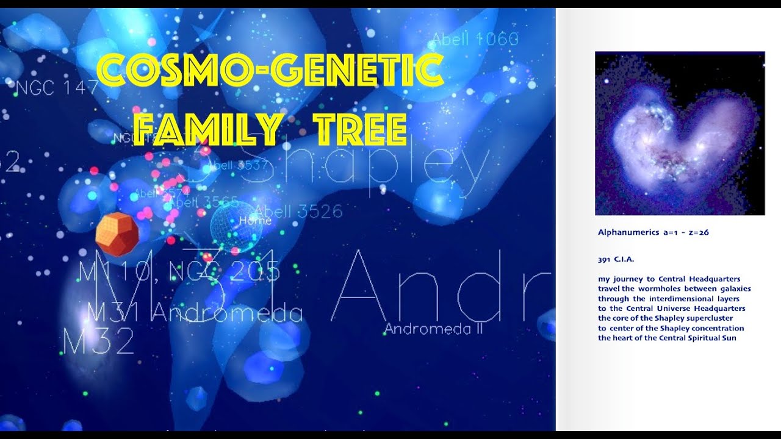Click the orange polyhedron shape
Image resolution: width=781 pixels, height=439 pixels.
point(117,234)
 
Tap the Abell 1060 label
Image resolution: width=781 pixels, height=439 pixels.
point(475,40)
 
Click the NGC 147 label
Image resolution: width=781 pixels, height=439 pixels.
point(56,88)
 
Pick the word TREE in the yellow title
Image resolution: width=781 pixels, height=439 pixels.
point(360,130)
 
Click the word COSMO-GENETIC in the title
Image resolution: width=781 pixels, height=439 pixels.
point(270,71)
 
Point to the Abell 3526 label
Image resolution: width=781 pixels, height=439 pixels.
point(298,212)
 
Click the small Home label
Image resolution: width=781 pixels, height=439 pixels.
point(255,220)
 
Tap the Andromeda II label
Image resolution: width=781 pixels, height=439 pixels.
point(433,329)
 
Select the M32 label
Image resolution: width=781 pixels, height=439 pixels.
point(98,341)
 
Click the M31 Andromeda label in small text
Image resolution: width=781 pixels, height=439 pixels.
point(195,313)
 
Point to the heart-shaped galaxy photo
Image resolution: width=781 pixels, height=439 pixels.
point(680,134)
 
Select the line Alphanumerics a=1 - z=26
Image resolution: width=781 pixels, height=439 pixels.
point(653,232)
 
